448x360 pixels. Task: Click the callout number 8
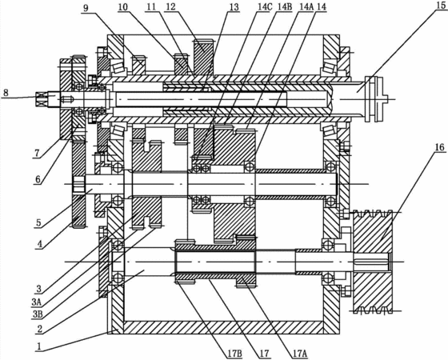pos(6,93)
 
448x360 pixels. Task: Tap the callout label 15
pos(441,6)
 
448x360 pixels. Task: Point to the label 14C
pos(264,7)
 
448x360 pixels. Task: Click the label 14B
pos(285,7)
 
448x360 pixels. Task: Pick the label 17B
pos(235,354)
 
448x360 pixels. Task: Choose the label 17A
pos(299,354)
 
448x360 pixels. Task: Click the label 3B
pos(38,314)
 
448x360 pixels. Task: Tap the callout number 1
pos(39,347)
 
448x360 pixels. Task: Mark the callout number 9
pos(86,8)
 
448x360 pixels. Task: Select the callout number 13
pos(234,7)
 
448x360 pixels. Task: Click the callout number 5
pos(39,222)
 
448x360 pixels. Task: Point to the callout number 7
pos(37,154)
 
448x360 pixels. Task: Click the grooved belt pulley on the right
pos(373,262)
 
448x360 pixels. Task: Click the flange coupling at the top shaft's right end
pos(375,99)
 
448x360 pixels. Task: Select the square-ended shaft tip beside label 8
pos(42,98)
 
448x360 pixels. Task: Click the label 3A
pos(38,302)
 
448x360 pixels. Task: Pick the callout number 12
pos(171,6)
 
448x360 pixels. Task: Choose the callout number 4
pos(39,244)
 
